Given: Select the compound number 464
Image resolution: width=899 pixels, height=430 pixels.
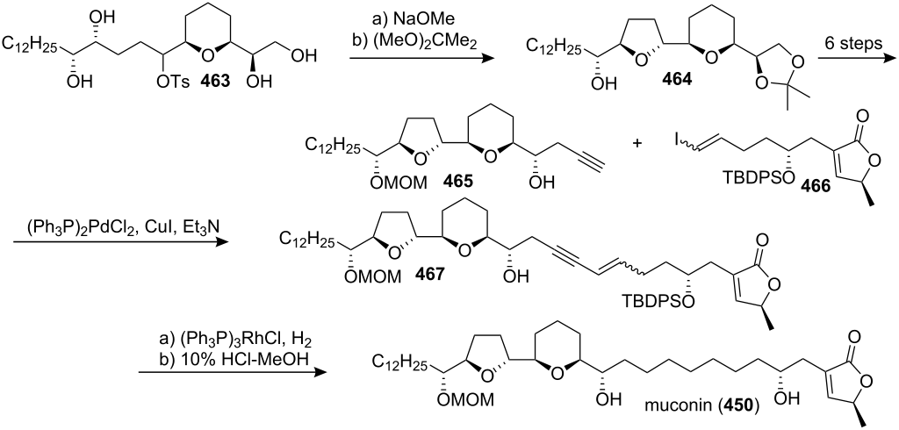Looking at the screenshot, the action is click(678, 80).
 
